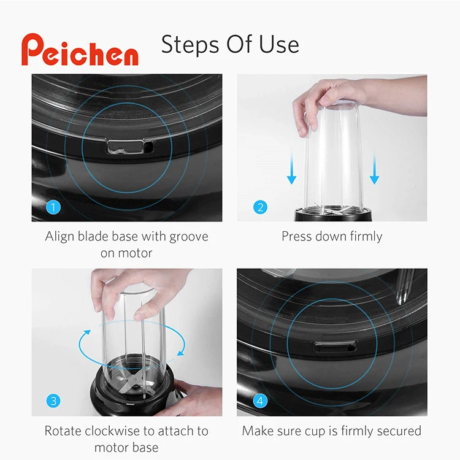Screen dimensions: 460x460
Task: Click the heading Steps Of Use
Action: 230,44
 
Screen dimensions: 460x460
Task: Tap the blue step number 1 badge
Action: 54,207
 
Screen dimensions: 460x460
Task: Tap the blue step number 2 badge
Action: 261,207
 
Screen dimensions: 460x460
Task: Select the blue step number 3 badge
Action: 54,401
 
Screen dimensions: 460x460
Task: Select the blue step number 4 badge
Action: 261,401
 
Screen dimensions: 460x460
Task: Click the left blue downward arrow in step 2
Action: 292,169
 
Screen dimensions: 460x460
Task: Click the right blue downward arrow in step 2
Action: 374,169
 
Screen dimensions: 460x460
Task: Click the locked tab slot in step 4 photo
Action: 334,347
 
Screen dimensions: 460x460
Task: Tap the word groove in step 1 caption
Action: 185,237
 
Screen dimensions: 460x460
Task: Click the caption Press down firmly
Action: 332,237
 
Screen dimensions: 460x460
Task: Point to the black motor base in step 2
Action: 332,215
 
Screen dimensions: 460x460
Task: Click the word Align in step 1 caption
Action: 60,237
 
